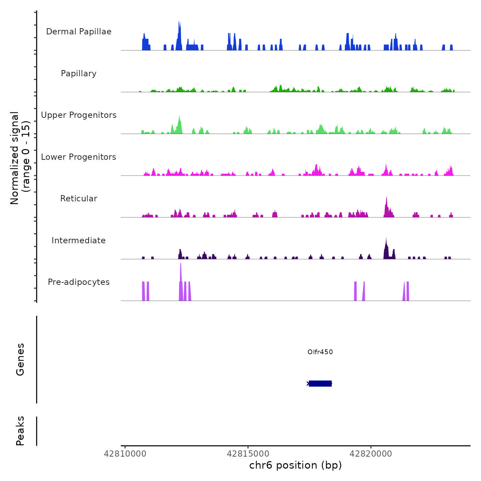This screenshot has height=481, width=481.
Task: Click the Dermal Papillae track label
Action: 79,32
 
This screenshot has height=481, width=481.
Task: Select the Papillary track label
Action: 79,74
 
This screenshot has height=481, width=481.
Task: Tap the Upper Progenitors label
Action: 79,115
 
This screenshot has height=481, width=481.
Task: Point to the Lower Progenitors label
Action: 79,157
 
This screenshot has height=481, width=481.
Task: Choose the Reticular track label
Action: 79,199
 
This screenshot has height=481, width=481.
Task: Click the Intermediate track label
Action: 79,240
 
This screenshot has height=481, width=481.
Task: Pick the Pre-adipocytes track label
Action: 79,282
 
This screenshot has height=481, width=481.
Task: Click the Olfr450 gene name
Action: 320,352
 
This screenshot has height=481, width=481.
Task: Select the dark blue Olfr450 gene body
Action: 320,383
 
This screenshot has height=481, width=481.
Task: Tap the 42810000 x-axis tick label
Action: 125,454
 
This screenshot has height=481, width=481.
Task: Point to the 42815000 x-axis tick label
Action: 248,454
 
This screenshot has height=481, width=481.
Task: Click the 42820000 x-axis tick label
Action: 371,454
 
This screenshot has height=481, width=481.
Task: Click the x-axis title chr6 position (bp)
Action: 295,465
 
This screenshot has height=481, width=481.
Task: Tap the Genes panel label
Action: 20,359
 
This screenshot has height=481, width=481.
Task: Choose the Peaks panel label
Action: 20,431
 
